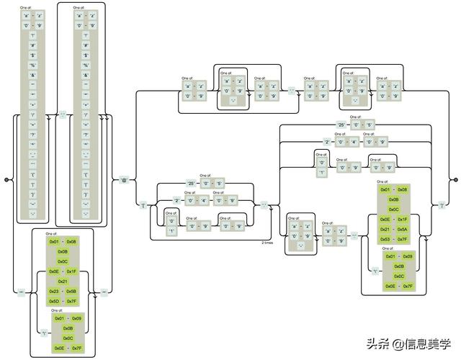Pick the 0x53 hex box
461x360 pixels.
(x=386, y=239)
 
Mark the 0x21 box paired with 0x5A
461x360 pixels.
(x=386, y=229)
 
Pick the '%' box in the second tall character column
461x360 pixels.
(x=86, y=64)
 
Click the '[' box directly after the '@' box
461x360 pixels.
(x=143, y=206)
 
